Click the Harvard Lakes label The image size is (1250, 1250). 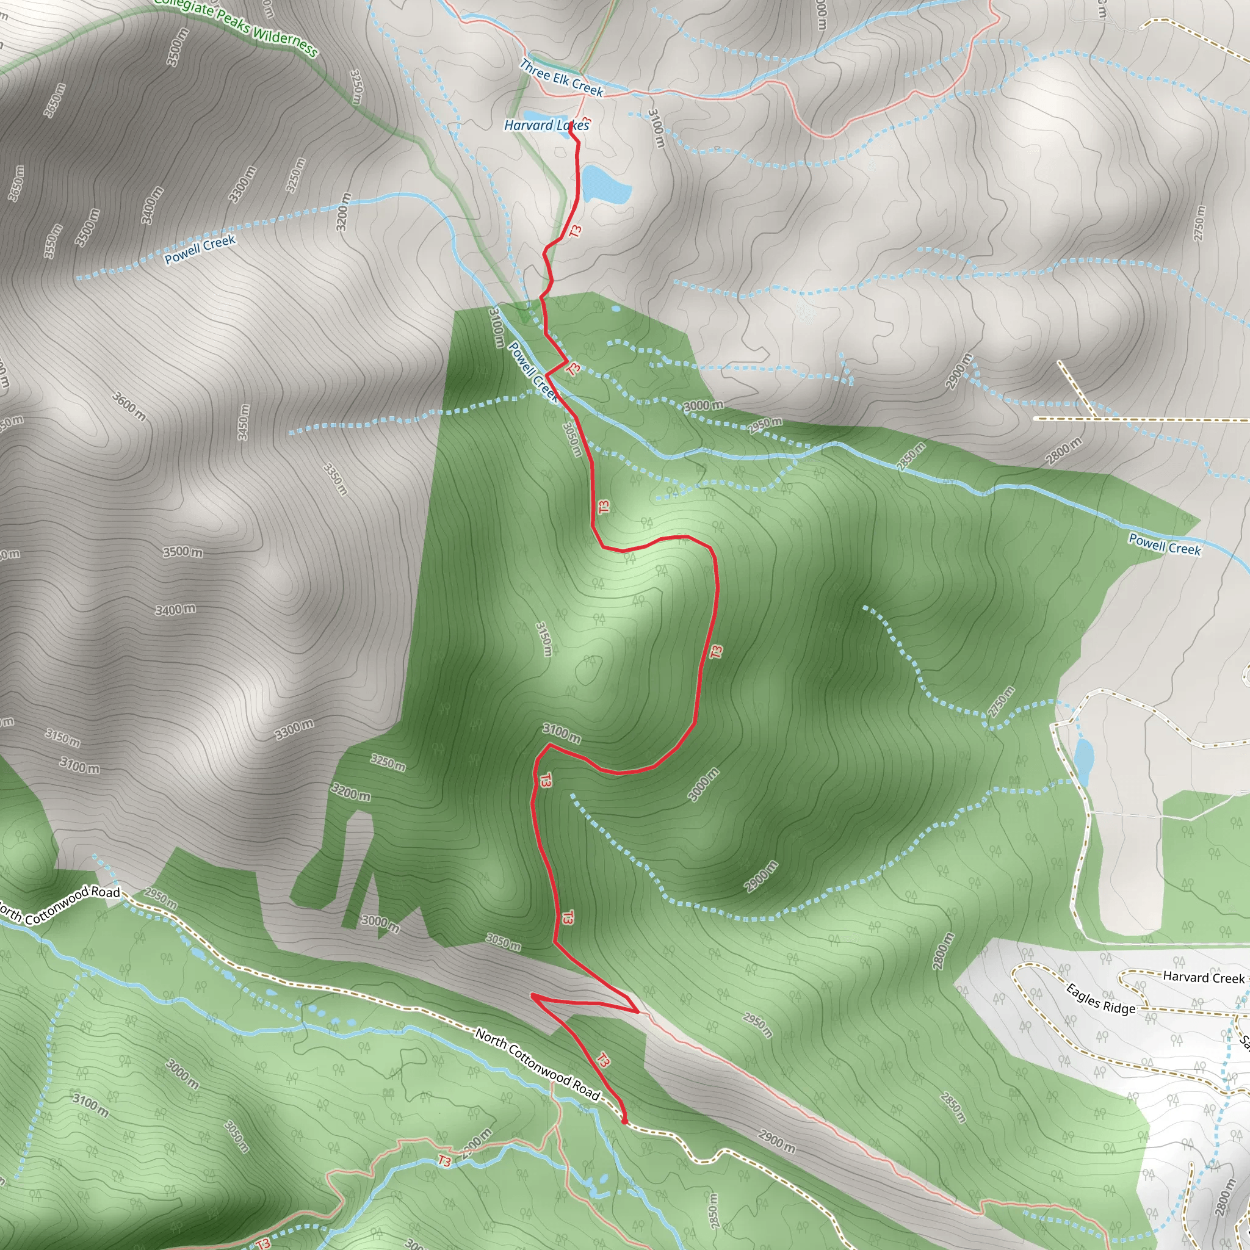tap(547, 125)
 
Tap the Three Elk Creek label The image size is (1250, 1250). tap(562, 78)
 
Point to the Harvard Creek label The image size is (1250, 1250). tap(1204, 978)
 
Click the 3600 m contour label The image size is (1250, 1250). tap(129, 406)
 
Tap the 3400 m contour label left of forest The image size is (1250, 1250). tap(175, 610)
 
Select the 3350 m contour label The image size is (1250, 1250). tap(336, 479)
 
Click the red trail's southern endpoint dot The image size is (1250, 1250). tap(624, 1121)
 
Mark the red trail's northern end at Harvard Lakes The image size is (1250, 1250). tap(570, 125)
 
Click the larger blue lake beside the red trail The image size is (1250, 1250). tap(605, 184)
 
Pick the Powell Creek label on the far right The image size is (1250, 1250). tap(1165, 543)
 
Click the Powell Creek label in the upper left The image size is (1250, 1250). tap(200, 250)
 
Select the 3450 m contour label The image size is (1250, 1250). tap(244, 422)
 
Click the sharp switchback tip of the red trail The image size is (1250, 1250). tap(532, 995)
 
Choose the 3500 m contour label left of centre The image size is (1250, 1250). tap(182, 552)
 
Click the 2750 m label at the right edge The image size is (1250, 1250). tap(1199, 223)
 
